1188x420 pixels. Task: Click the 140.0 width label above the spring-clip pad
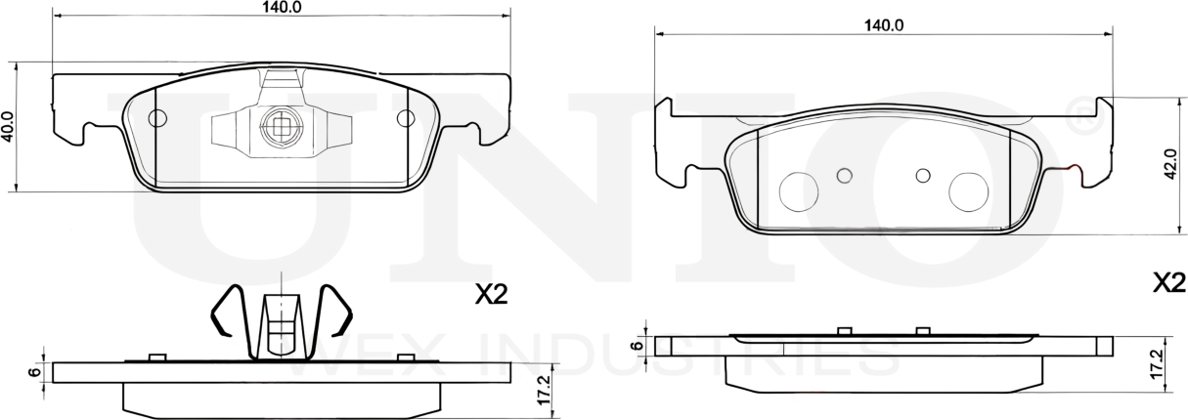281,7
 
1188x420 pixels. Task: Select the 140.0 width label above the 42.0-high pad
883,25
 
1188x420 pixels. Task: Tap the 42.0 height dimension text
1168,167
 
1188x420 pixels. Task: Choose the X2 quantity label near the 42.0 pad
1168,283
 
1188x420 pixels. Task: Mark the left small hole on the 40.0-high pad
156,119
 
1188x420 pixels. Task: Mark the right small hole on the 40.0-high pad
405,119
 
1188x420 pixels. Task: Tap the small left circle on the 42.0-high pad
846,175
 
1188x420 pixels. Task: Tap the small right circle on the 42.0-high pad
922,175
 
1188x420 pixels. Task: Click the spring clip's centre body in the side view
281,322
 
